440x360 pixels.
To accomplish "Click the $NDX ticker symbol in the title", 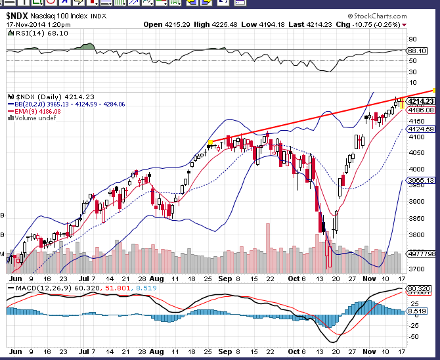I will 21,16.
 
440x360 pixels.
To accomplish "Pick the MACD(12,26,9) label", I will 41,288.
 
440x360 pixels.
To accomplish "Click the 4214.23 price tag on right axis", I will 421,101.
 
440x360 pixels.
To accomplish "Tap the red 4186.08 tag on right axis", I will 421,110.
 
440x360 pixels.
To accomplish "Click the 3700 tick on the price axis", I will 416,269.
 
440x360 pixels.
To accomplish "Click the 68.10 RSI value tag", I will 418,50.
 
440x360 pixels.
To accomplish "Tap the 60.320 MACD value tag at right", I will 420,288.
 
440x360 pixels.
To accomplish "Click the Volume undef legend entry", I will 32,118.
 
